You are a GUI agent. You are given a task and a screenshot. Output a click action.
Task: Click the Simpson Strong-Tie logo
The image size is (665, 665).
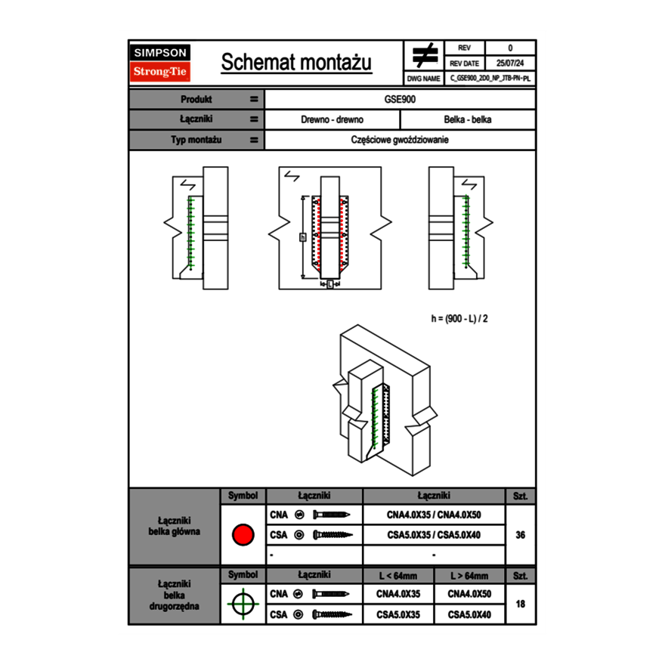(x=161, y=63)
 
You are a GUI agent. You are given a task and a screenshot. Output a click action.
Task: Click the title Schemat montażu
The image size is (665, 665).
(x=296, y=63)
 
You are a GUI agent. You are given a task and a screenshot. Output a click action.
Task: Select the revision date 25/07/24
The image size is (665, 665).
(x=510, y=63)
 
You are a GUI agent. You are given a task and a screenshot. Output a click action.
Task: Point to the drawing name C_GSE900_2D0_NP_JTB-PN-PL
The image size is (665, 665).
(x=490, y=78)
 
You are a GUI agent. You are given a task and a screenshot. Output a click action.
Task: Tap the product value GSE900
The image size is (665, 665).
(x=400, y=99)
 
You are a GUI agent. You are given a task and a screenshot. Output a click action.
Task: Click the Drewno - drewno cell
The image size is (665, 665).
(x=332, y=119)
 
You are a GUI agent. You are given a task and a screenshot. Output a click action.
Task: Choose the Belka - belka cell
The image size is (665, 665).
(x=468, y=119)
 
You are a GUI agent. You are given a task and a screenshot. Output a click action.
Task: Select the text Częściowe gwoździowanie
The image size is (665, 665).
(x=400, y=140)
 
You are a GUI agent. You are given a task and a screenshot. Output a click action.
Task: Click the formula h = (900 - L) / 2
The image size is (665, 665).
(x=459, y=318)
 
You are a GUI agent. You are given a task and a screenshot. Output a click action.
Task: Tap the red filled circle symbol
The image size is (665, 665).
(x=243, y=534)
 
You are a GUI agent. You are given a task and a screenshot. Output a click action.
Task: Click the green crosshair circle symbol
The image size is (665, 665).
(x=243, y=604)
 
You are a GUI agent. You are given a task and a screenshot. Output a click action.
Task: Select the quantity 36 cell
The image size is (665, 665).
(x=520, y=535)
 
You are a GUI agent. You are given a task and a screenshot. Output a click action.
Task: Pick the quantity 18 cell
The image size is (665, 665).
(x=520, y=605)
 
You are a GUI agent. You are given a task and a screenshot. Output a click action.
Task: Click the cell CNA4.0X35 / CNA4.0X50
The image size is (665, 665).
(x=434, y=515)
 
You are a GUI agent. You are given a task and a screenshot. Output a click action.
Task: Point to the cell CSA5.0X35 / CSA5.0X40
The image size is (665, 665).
(x=434, y=535)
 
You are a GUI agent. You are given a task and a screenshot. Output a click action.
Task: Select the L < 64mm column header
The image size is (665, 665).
(x=399, y=576)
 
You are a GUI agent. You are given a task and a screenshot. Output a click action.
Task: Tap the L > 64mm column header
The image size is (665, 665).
(x=469, y=576)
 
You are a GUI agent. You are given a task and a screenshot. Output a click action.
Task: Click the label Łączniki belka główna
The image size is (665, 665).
(x=175, y=526)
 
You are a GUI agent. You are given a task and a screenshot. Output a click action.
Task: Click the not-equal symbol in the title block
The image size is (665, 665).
(x=425, y=55)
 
